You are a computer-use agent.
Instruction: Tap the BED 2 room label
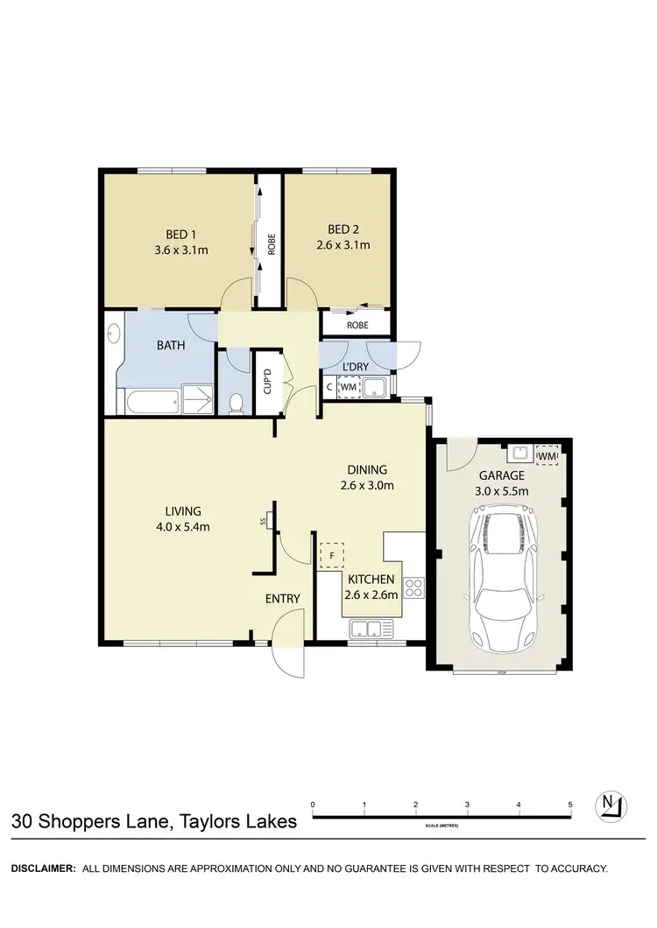click(x=343, y=233)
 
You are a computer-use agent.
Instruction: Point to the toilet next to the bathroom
click(x=235, y=403)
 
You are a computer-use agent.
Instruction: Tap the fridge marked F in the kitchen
click(x=332, y=554)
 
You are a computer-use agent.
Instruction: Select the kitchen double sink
click(x=370, y=627)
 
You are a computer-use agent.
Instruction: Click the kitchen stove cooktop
click(x=413, y=587)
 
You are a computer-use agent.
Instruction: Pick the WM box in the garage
click(x=547, y=455)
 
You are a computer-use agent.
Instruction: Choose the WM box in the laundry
click(x=348, y=386)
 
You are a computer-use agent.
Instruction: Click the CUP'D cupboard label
click(x=268, y=383)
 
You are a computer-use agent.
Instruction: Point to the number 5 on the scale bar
click(x=570, y=804)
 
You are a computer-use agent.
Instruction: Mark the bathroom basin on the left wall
click(x=112, y=334)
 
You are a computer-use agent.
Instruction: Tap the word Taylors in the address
click(x=208, y=822)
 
